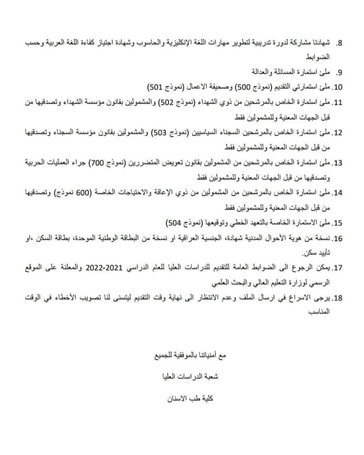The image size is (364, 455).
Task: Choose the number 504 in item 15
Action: coord(173,223)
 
